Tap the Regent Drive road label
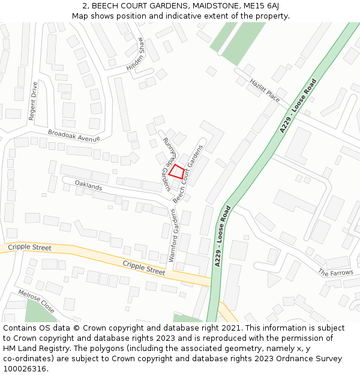pyautogui.click(x=33, y=101)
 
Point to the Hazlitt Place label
pyautogui.click(x=265, y=90)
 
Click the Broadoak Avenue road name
pyautogui.click(x=74, y=136)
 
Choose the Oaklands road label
pyautogui.click(x=88, y=185)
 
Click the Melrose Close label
pyautogui.click(x=37, y=301)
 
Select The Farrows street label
pyautogui.click(x=335, y=272)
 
